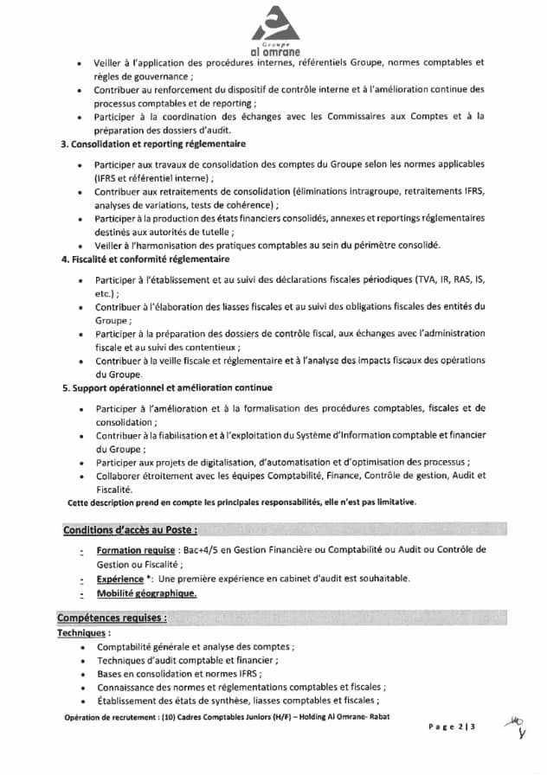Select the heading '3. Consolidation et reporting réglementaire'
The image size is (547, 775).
pos(153,143)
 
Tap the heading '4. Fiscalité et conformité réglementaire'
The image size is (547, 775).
pos(145,259)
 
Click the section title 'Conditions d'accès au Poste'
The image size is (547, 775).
pos(129,529)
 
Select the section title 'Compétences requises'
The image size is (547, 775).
pos(112,618)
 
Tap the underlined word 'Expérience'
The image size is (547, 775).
pos(120,579)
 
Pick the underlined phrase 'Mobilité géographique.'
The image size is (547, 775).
pos(147,593)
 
